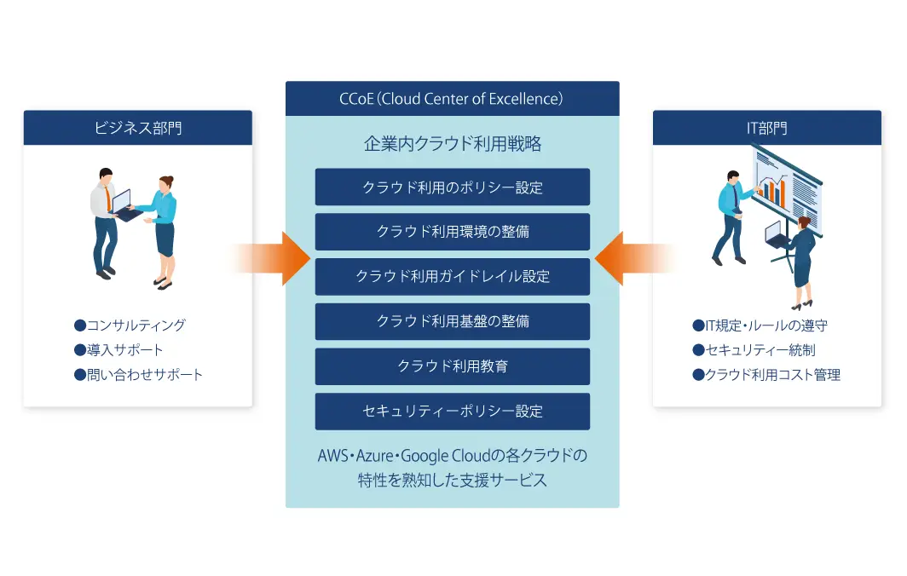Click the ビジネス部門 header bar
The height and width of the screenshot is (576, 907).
(137, 128)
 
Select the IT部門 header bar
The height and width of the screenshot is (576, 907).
(766, 128)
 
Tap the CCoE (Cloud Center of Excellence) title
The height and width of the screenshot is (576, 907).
(452, 99)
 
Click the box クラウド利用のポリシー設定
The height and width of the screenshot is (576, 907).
(452, 187)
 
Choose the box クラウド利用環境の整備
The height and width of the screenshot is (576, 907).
(452, 232)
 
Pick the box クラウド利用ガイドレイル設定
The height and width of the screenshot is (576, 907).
(452, 277)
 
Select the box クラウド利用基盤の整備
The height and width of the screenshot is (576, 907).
(452, 321)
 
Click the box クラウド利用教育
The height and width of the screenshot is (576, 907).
(452, 366)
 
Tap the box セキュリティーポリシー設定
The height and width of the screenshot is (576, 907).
(452, 412)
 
